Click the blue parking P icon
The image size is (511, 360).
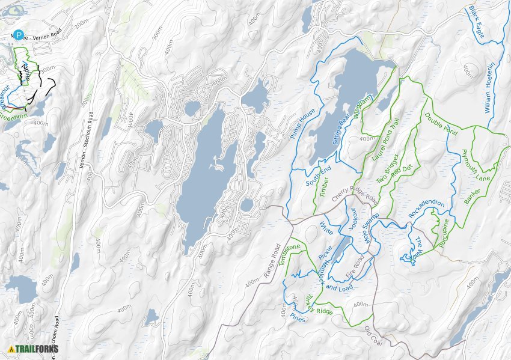click(19, 35)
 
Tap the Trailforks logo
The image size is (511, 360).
click(34, 349)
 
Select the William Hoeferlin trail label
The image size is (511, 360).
click(489, 87)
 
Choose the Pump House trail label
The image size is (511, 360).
click(302, 124)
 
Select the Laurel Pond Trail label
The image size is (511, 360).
click(386, 141)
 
